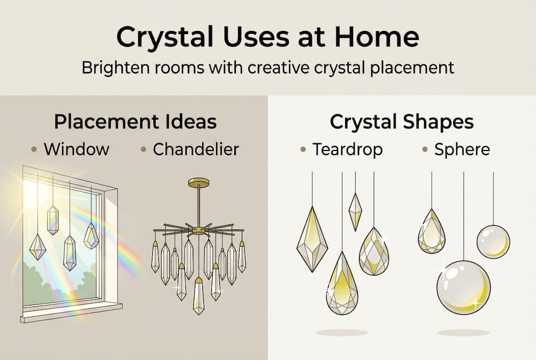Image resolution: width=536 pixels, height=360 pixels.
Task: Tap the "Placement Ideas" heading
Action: point(135,122)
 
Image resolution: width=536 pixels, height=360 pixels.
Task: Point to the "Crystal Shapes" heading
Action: point(402,122)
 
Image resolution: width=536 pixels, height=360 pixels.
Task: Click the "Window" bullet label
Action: point(76,149)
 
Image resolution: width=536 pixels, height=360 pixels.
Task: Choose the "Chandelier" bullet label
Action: point(196,149)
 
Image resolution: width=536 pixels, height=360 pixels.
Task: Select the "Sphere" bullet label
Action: point(462,149)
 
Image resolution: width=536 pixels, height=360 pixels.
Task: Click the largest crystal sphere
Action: point(464,287)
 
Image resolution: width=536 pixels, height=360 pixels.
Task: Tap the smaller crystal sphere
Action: point(493,241)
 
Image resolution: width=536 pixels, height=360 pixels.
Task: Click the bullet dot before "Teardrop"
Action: point(303,149)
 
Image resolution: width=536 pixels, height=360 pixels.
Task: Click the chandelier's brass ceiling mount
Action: point(198,182)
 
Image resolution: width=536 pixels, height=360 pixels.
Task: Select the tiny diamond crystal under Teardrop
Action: point(355,211)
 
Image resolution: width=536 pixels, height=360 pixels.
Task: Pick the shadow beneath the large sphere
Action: point(463,332)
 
